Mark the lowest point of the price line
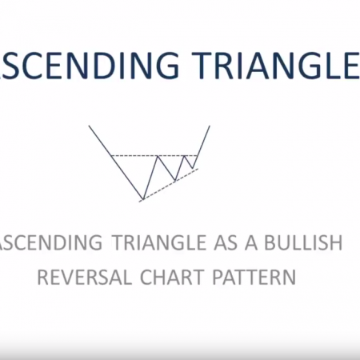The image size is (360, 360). tap(143, 198)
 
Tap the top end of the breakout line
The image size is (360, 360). tap(210, 126)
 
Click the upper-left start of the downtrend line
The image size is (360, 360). tap(90, 126)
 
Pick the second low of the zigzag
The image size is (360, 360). tap(174, 180)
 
